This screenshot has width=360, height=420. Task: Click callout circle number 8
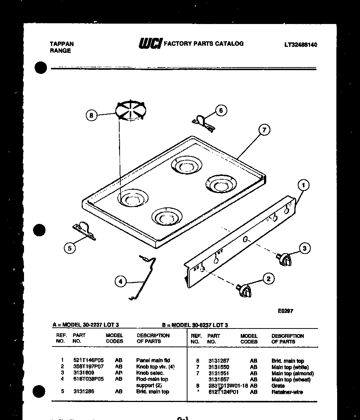click(91, 115)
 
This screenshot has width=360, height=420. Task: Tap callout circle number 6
click(221, 110)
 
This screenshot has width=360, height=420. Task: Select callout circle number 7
click(264, 130)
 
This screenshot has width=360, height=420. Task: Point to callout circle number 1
click(303, 185)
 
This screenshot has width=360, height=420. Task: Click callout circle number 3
click(304, 248)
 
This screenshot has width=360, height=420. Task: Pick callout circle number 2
click(268, 279)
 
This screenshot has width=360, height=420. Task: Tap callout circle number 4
click(120, 281)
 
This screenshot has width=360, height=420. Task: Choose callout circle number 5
click(69, 248)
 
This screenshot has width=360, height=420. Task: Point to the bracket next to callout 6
click(204, 124)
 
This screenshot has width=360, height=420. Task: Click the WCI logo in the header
click(150, 44)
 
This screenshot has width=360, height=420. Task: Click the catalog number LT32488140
click(300, 45)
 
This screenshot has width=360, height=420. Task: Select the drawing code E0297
click(285, 311)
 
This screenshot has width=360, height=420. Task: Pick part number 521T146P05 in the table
click(88, 360)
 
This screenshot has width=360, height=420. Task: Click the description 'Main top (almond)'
click(292, 373)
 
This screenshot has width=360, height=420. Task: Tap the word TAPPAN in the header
click(61, 44)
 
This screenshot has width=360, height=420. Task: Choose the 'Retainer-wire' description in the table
click(287, 392)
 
